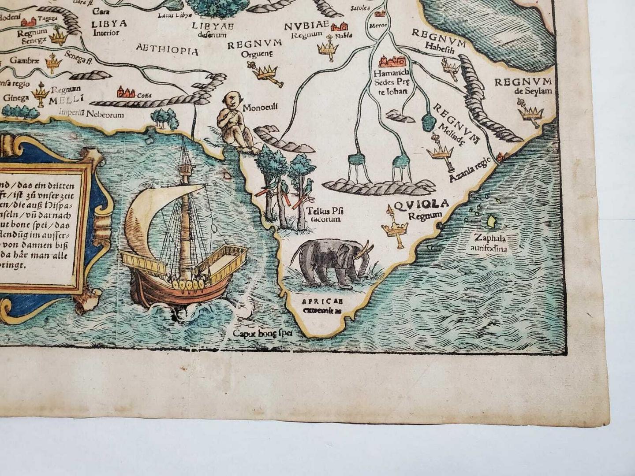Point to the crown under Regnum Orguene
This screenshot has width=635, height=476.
click(x=266, y=71)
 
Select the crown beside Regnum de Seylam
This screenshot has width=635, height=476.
click(x=531, y=112)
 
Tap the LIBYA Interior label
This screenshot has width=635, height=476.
click(x=109, y=27)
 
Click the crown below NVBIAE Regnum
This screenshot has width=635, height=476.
click(x=327, y=48)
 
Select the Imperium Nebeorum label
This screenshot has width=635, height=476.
click(x=92, y=115)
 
